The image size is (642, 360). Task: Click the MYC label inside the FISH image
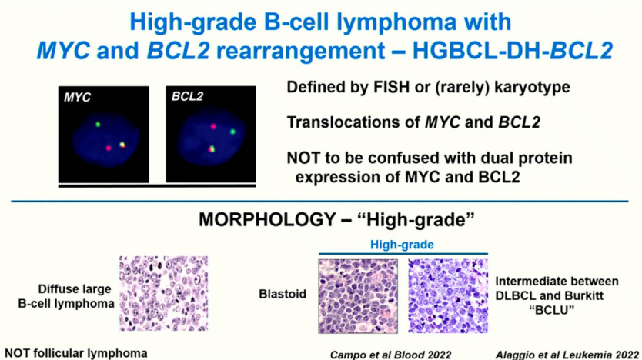pos(77,98)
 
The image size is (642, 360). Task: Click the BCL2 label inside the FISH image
pos(187,96)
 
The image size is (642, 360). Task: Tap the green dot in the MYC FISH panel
pos(98,124)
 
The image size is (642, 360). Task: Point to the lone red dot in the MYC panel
pos(108,148)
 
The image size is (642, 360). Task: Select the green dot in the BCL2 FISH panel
pos(232,132)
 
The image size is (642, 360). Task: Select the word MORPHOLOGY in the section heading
pos(267,220)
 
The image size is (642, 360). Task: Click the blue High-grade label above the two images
pos(402,245)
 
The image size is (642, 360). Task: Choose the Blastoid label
pos(283,294)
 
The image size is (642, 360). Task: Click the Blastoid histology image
pos(358,296)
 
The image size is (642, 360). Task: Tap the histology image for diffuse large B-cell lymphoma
pos(164,293)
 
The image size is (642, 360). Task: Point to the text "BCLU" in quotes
pos(551,310)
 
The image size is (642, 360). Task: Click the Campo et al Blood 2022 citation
pos(390,355)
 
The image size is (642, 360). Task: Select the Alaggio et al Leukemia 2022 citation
pos(567,355)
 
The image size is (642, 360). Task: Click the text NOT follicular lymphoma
pos(76,353)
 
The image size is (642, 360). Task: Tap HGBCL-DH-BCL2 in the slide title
pos(513,51)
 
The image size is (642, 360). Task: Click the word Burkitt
pos(584,295)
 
